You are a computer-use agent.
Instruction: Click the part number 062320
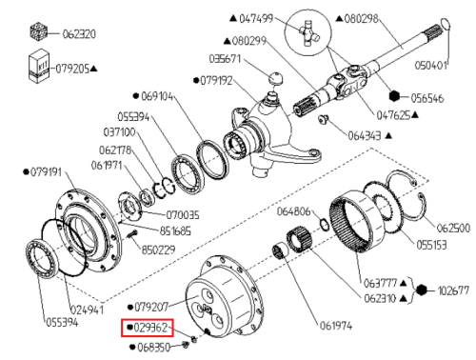[79, 33]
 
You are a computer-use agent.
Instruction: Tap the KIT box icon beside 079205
[39, 66]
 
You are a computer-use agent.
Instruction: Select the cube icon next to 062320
[39, 31]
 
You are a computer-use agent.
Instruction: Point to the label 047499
[256, 18]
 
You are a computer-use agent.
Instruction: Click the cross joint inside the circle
[307, 33]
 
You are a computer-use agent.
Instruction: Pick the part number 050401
[431, 66]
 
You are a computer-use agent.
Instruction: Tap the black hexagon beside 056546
[394, 96]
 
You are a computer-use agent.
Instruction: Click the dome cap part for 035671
[276, 77]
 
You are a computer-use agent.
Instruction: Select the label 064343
[365, 136]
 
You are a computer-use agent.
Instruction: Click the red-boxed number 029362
[150, 328]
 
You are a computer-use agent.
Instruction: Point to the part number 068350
[154, 348]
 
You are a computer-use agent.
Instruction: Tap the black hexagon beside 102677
[422, 290]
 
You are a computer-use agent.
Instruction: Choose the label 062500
[453, 228]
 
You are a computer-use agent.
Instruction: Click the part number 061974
[336, 326]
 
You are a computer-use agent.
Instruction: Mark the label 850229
[158, 250]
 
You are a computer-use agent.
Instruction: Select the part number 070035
[183, 215]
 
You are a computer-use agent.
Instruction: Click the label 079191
[46, 172]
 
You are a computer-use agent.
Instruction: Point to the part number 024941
[87, 310]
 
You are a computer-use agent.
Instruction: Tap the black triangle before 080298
[339, 19]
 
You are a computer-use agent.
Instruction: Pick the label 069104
[157, 96]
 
